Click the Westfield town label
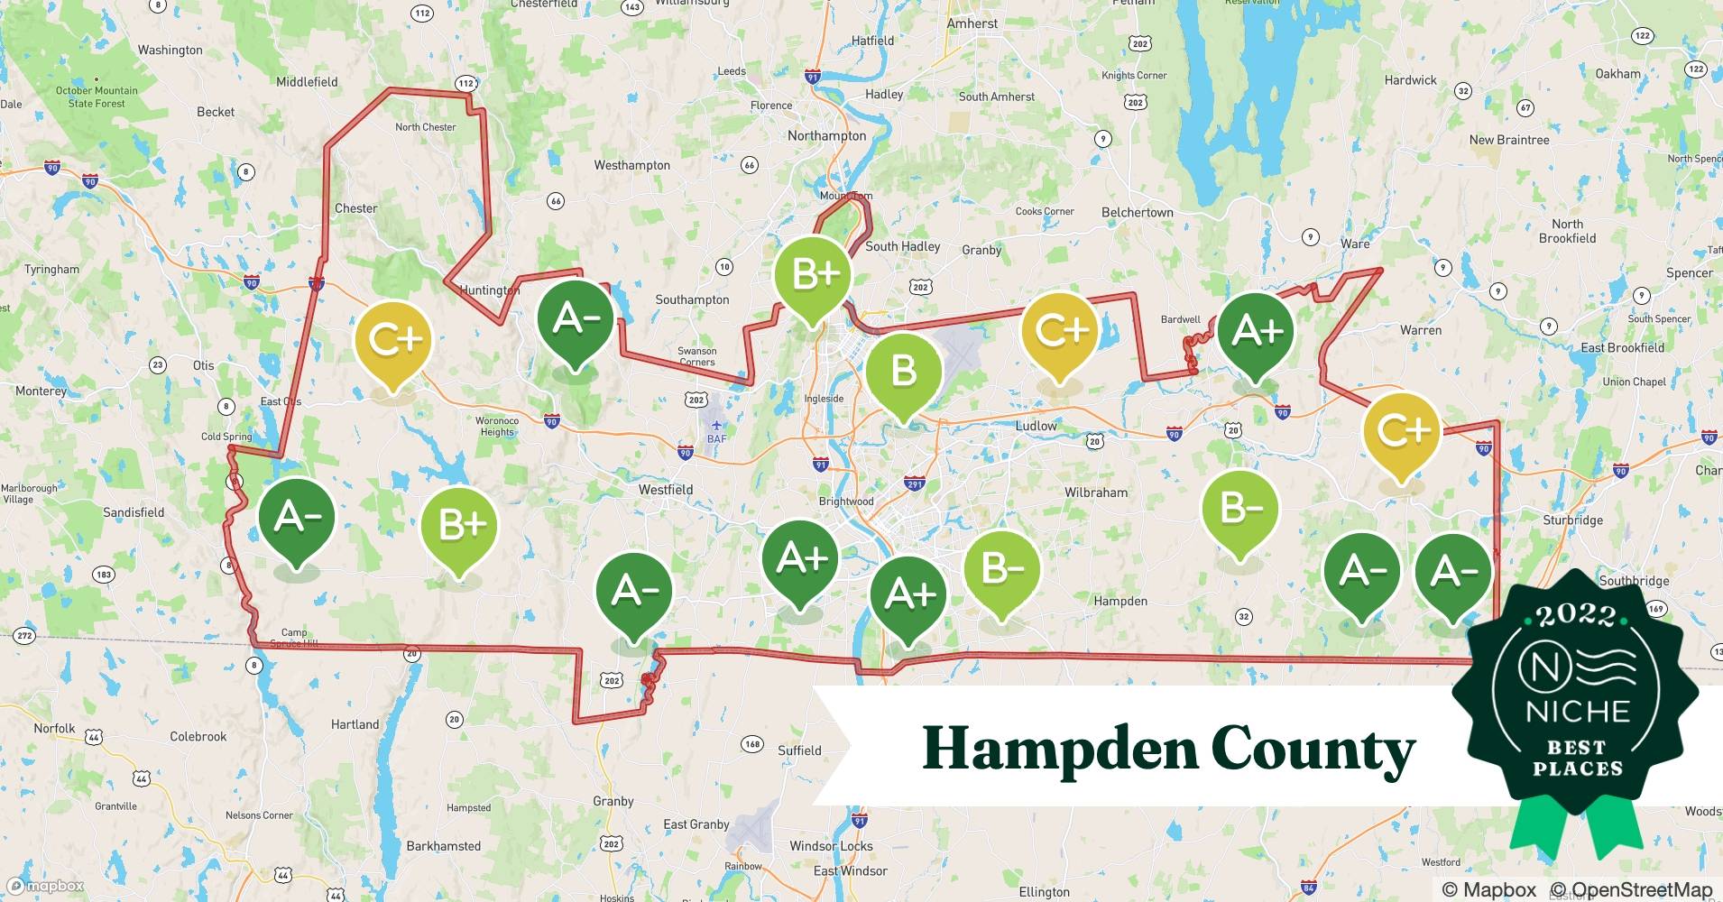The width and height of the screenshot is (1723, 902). coord(666,490)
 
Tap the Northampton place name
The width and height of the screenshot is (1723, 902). coord(826,136)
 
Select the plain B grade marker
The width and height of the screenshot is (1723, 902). coord(903,372)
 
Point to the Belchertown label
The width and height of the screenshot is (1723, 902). coord(1137,213)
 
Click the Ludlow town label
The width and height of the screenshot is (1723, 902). coord(1036,426)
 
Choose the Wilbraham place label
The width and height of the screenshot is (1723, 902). coord(1096,492)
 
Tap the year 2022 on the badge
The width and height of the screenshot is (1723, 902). coord(1576,616)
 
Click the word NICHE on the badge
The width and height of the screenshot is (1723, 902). coord(1578,712)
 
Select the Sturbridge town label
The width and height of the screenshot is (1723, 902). coord(1573,520)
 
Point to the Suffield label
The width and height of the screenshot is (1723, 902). coord(799,750)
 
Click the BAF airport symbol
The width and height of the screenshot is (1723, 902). coord(716,426)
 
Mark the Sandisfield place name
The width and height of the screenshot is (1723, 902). coord(134,512)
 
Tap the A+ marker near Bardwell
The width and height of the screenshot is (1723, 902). coord(1256,332)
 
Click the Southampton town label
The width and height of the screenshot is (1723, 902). coord(692,299)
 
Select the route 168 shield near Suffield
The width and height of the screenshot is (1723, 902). coord(751,744)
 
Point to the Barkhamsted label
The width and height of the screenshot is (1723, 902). coord(444,846)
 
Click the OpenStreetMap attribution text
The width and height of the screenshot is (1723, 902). coord(1631,890)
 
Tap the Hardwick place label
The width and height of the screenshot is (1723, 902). coord(1410,80)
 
